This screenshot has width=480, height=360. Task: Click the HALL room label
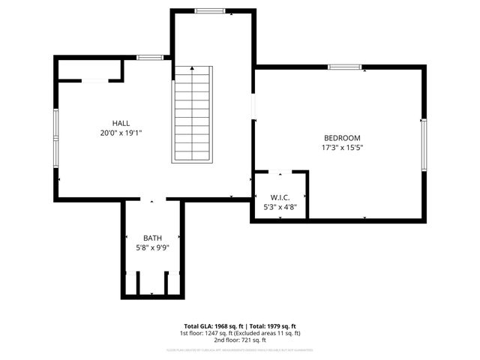point(121,123)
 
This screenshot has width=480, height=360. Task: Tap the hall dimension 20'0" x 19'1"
point(121,133)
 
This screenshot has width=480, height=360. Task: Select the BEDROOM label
point(342,138)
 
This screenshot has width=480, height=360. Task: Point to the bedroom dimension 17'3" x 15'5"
point(342,148)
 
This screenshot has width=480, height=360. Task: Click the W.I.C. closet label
point(280,197)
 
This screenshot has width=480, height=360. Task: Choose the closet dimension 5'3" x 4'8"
point(280,206)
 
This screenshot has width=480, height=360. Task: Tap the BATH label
point(152,238)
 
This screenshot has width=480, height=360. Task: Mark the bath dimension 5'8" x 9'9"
point(152,247)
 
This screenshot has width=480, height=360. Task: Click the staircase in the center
point(193,114)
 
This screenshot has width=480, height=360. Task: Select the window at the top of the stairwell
point(211,10)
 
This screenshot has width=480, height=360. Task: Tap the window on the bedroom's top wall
point(344,67)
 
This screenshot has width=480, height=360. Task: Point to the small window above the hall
point(150,57)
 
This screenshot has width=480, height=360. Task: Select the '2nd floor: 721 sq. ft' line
point(240,340)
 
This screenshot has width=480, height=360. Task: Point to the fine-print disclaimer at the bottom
point(240,350)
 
